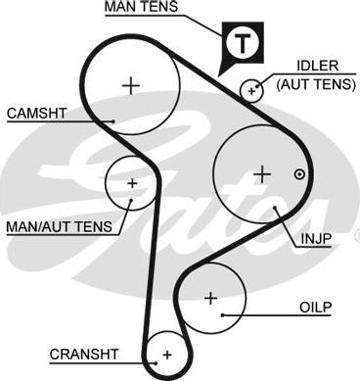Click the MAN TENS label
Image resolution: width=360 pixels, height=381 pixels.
[141, 7]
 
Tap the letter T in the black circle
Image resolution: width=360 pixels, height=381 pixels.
[243, 43]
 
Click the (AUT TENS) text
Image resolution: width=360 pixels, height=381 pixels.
[316, 84]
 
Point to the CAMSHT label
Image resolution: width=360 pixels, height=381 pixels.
[36, 114]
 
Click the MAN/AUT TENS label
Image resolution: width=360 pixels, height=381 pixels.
[60, 226]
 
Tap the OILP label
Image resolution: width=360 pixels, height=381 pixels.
[315, 308]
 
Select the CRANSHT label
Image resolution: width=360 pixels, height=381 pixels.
[84, 354]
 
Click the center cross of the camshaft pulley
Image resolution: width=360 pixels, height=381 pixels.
[131, 86]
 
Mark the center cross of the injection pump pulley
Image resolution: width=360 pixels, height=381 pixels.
[262, 174]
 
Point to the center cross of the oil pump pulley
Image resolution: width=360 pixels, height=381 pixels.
[211, 298]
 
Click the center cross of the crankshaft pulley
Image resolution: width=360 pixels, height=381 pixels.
[167, 355]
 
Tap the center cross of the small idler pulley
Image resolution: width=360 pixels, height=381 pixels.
[251, 91]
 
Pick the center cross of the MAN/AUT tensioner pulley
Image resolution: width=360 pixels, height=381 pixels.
[132, 183]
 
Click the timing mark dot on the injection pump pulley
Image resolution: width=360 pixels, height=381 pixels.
[299, 174]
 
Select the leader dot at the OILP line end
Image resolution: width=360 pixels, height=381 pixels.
[223, 315]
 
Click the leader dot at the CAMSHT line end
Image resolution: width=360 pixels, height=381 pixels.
[113, 121]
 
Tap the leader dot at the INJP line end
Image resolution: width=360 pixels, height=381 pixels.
[275, 208]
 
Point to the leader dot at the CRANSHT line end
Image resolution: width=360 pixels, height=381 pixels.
[157, 362]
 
